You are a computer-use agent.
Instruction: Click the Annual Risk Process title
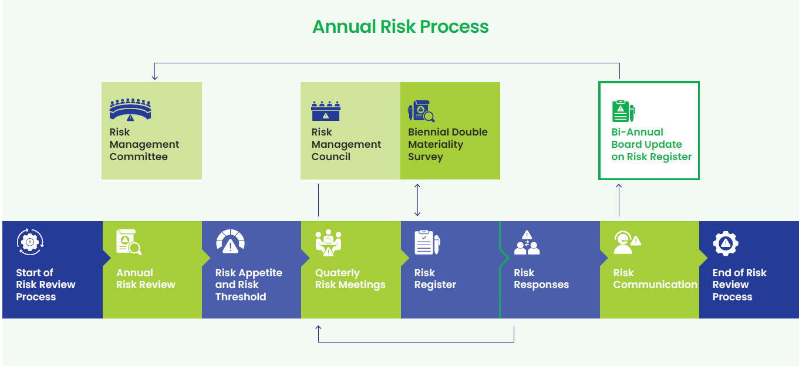(400, 27)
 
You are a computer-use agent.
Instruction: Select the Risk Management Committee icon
(130, 110)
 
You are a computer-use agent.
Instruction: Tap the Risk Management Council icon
(326, 111)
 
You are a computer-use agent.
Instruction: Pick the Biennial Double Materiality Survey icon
(422, 111)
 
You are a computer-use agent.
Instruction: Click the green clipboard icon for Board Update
(623, 111)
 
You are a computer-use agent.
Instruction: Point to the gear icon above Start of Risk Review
(30, 242)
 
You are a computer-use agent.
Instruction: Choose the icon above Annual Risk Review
(129, 242)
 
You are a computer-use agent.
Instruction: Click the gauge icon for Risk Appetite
(231, 242)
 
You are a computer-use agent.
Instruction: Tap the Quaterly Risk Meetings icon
(329, 243)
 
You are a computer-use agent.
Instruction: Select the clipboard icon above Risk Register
(427, 242)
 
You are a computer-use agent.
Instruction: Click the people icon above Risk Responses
(527, 242)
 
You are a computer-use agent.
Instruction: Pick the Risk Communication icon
(627, 242)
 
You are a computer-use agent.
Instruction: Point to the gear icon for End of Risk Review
(726, 243)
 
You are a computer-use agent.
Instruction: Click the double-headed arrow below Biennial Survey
(417, 200)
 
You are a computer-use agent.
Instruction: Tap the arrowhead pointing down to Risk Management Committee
(154, 77)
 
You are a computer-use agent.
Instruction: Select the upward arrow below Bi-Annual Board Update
(619, 200)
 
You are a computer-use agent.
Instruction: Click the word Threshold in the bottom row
(241, 297)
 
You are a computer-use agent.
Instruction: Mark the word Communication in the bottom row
(655, 284)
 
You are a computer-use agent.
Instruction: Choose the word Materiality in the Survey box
(436, 144)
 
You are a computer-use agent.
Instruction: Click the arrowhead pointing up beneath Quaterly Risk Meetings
(318, 328)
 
